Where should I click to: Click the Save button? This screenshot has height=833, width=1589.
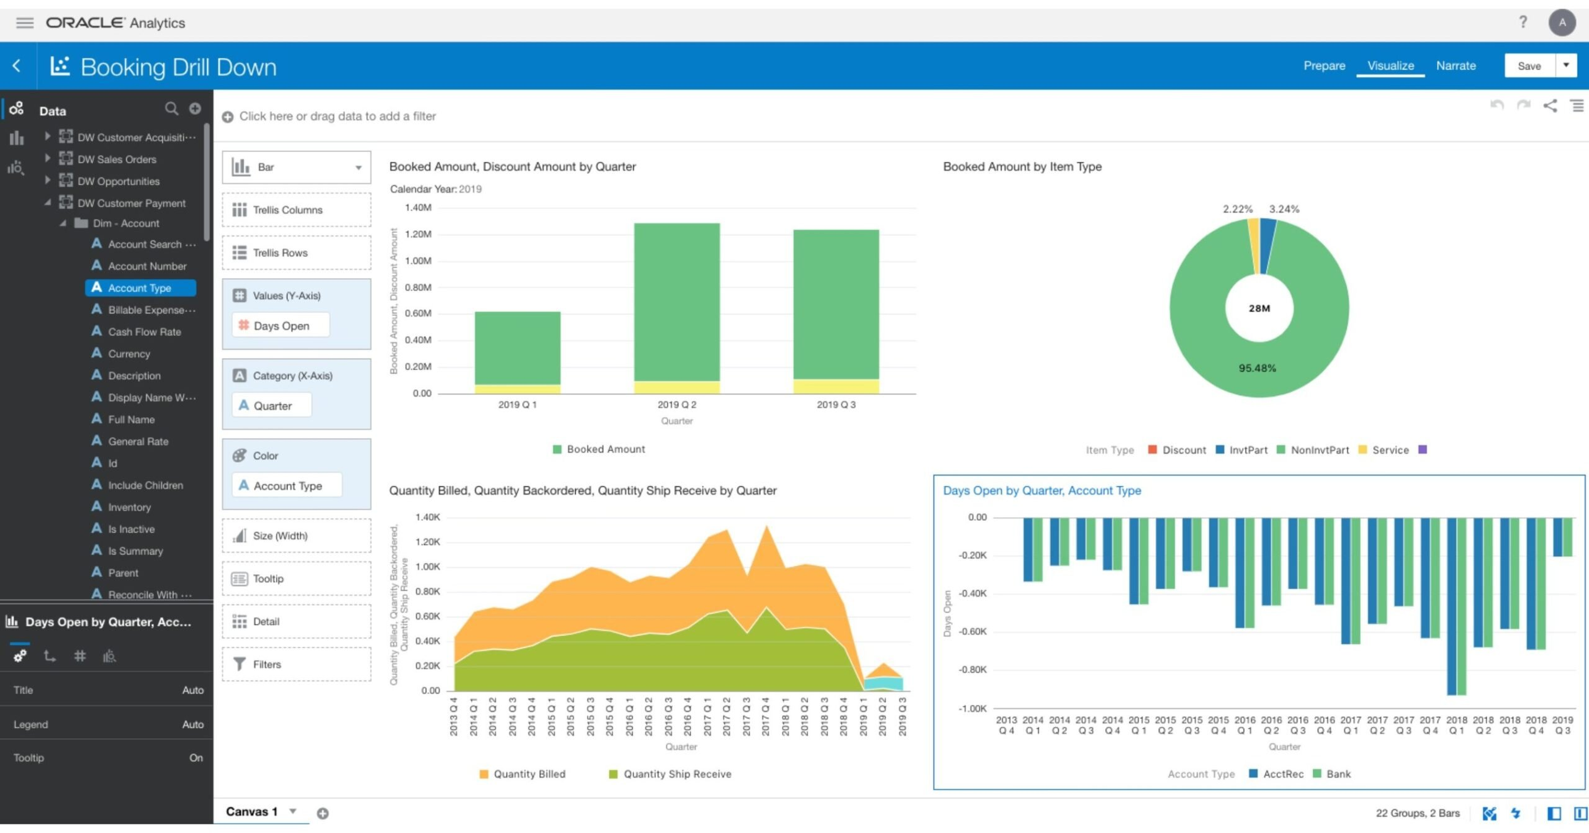(x=1529, y=66)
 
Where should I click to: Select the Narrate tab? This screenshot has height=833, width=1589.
(x=1456, y=66)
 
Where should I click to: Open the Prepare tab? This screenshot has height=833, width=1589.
(x=1324, y=66)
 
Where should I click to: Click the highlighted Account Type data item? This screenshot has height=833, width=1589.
(x=140, y=288)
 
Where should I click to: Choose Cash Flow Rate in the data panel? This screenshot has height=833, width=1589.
(x=144, y=332)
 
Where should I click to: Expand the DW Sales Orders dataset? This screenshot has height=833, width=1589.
(x=47, y=159)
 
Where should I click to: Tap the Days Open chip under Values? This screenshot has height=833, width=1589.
(x=281, y=326)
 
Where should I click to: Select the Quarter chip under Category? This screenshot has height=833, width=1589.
(x=272, y=406)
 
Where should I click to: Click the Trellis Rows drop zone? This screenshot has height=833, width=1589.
(x=296, y=253)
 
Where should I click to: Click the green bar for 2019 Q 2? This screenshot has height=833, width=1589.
(x=677, y=301)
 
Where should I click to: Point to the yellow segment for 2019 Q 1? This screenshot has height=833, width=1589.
(x=517, y=389)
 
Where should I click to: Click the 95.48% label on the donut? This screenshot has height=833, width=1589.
(x=1257, y=368)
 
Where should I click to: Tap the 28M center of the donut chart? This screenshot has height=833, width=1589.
(x=1259, y=308)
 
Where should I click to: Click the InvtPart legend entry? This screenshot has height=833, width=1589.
(x=1248, y=450)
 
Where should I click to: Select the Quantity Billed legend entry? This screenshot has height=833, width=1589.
(x=529, y=774)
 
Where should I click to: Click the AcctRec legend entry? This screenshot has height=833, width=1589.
(x=1282, y=774)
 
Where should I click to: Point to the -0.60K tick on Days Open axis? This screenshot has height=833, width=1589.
(x=973, y=632)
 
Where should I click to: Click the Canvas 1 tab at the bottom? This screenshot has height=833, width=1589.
(x=251, y=812)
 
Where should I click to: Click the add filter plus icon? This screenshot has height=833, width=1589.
(x=228, y=117)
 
